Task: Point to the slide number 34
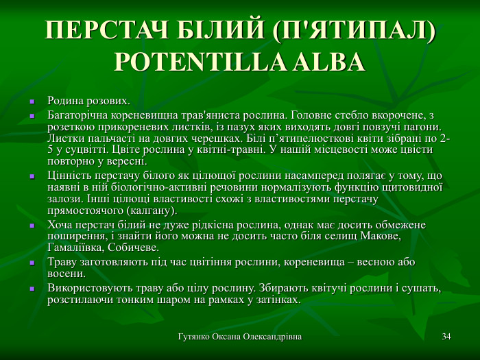446,337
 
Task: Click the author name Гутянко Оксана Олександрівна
240,337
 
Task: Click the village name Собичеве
131,248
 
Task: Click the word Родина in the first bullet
64,101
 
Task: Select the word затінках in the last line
278,300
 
